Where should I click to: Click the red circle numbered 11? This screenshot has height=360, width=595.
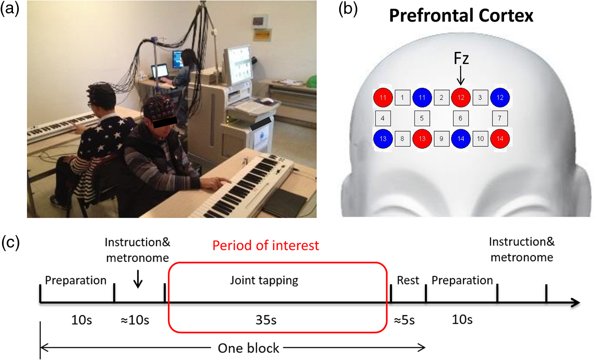click(383, 98)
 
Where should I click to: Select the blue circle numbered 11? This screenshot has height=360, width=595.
click(422, 98)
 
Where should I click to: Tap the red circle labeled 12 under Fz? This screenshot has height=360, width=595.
click(461, 98)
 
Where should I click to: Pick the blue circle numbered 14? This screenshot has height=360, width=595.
click(461, 138)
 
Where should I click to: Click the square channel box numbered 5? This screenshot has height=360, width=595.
click(422, 118)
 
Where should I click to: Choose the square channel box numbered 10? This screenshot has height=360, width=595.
click(480, 138)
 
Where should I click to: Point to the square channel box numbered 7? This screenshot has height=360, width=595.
click(500, 118)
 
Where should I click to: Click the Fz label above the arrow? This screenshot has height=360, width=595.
click(461, 58)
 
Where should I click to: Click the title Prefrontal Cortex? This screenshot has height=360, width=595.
click(461, 16)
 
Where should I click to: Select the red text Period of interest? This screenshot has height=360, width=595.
click(265, 245)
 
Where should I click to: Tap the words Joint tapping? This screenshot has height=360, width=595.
click(264, 281)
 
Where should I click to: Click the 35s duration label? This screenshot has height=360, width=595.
click(266, 320)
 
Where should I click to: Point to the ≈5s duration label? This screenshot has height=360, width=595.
click(404, 321)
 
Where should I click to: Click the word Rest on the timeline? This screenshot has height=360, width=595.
click(408, 280)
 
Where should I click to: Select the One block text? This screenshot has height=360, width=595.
click(248, 348)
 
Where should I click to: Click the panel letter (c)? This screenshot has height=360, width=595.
click(10, 242)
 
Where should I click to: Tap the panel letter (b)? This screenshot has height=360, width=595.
click(348, 9)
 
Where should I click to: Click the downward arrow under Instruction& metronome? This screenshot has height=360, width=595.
click(137, 279)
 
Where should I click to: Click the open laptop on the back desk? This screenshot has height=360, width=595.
click(160, 72)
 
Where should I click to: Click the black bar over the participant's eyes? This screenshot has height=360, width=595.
click(165, 122)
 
